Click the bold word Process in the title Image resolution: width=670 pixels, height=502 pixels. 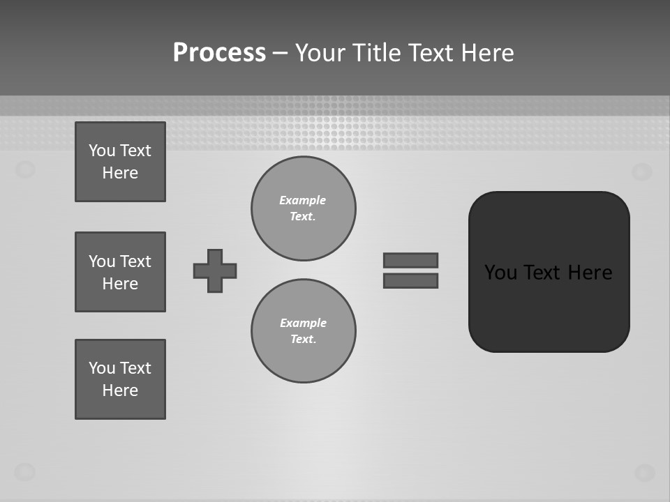219,53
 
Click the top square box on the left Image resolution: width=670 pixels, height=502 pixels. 120,162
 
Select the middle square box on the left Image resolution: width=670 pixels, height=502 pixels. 120,272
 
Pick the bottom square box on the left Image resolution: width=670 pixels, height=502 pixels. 120,379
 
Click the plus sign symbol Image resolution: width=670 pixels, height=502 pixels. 215,271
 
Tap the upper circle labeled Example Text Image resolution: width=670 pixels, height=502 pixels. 304,208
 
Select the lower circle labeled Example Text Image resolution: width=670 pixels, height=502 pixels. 304,331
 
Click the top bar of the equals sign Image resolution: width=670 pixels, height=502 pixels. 410,260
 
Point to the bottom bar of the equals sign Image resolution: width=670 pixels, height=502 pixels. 410,281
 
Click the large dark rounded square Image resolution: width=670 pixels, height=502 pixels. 549,272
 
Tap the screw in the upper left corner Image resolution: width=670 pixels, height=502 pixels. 25,169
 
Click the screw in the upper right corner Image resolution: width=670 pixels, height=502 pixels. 641,172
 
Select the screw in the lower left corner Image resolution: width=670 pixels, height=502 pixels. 25,471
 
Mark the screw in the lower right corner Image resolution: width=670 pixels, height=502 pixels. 644,473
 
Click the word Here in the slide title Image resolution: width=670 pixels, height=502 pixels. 489,53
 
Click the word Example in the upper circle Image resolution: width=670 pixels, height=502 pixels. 302,200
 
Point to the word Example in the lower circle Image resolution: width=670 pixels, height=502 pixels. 303,323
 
